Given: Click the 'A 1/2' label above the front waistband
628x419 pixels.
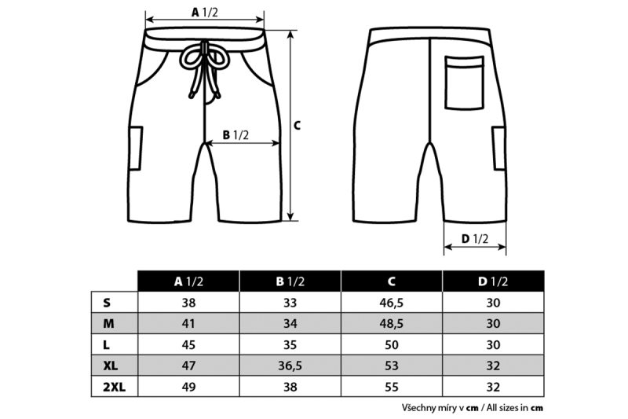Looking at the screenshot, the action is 205,13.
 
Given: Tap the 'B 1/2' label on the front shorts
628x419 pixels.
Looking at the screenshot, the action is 235,135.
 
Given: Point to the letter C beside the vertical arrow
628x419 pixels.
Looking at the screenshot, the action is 297,126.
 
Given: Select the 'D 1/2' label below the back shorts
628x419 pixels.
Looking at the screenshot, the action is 475,239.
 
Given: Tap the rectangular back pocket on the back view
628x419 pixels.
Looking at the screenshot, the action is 464,83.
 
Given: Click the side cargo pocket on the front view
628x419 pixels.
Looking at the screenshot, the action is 135,148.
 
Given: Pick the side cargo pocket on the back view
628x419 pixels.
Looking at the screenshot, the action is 499,148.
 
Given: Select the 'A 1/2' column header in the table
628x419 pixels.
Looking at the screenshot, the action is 188,281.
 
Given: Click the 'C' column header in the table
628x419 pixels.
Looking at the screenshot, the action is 392,281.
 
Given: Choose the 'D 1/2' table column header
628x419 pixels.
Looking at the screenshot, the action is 493,281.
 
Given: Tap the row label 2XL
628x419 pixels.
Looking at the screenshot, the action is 114,387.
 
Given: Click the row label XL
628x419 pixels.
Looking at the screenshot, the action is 111,366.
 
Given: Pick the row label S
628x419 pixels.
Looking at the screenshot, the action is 107,303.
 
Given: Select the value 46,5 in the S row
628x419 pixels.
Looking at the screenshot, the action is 392,303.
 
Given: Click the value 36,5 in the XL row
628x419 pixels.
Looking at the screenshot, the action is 290,366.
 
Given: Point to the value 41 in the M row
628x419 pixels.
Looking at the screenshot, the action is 188,324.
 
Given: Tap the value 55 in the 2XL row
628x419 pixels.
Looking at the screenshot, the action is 392,387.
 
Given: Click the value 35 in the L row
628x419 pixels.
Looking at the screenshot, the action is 290,345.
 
